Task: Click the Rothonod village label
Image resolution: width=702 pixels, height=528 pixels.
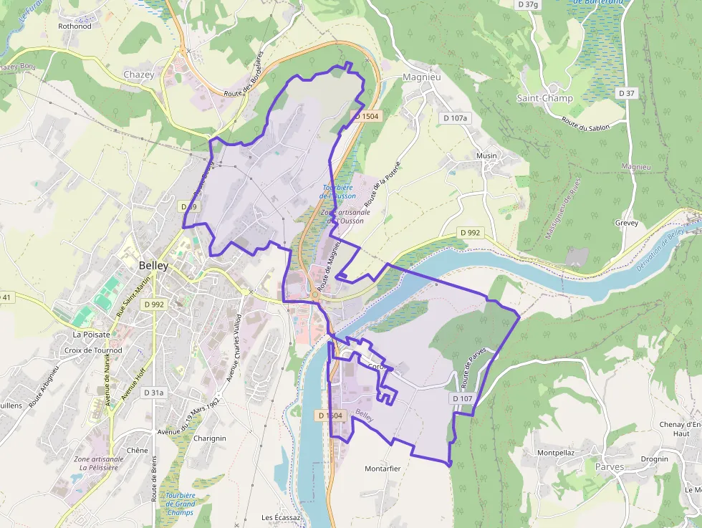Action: pyautogui.click(x=74, y=26)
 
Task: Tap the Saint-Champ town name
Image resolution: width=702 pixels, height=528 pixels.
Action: pyautogui.click(x=545, y=97)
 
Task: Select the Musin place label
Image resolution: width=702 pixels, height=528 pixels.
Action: pyautogui.click(x=486, y=155)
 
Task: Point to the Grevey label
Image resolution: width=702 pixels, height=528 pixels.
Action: pyautogui.click(x=625, y=223)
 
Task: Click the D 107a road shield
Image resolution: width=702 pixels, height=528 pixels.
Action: pyautogui.click(x=455, y=117)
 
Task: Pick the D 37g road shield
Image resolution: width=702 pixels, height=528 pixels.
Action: pyautogui.click(x=527, y=4)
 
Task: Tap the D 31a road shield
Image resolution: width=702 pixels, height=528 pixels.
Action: pyautogui.click(x=153, y=393)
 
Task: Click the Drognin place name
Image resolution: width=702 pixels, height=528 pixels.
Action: pyautogui.click(x=654, y=459)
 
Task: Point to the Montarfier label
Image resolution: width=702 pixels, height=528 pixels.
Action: pyautogui.click(x=383, y=469)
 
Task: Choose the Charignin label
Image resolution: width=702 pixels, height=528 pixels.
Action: pyautogui.click(x=210, y=438)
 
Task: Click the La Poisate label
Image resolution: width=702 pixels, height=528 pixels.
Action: pyautogui.click(x=91, y=334)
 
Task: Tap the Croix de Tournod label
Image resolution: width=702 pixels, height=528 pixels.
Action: pyautogui.click(x=93, y=350)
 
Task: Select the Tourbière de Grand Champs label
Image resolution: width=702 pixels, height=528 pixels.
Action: pyautogui.click(x=180, y=504)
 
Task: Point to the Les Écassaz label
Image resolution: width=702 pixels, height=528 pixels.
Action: pyautogui.click(x=281, y=517)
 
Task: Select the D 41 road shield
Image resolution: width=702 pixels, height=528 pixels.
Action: pyautogui.click(x=6, y=297)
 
